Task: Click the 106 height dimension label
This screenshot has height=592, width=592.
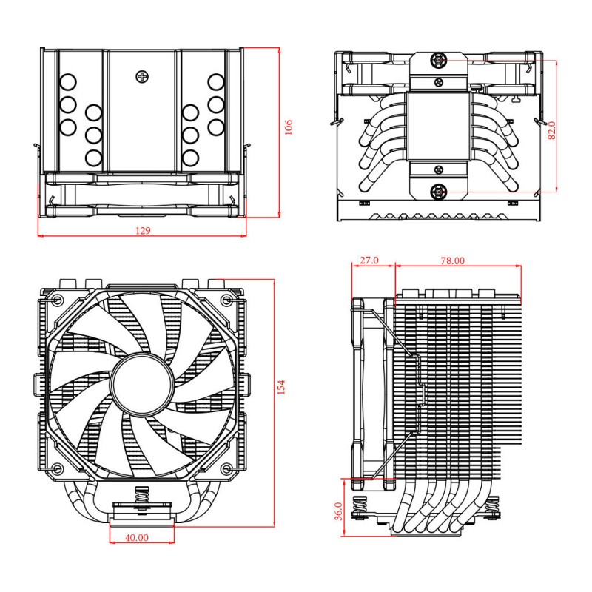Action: tap(289, 127)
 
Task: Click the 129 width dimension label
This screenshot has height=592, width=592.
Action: tap(143, 231)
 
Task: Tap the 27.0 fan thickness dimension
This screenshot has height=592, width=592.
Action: tap(369, 260)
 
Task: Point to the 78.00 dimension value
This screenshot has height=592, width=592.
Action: tap(453, 260)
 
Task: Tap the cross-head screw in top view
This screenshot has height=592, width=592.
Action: tap(142, 75)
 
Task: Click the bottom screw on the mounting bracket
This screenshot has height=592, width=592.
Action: tap(439, 191)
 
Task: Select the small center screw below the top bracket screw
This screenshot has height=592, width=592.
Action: tap(439, 81)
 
